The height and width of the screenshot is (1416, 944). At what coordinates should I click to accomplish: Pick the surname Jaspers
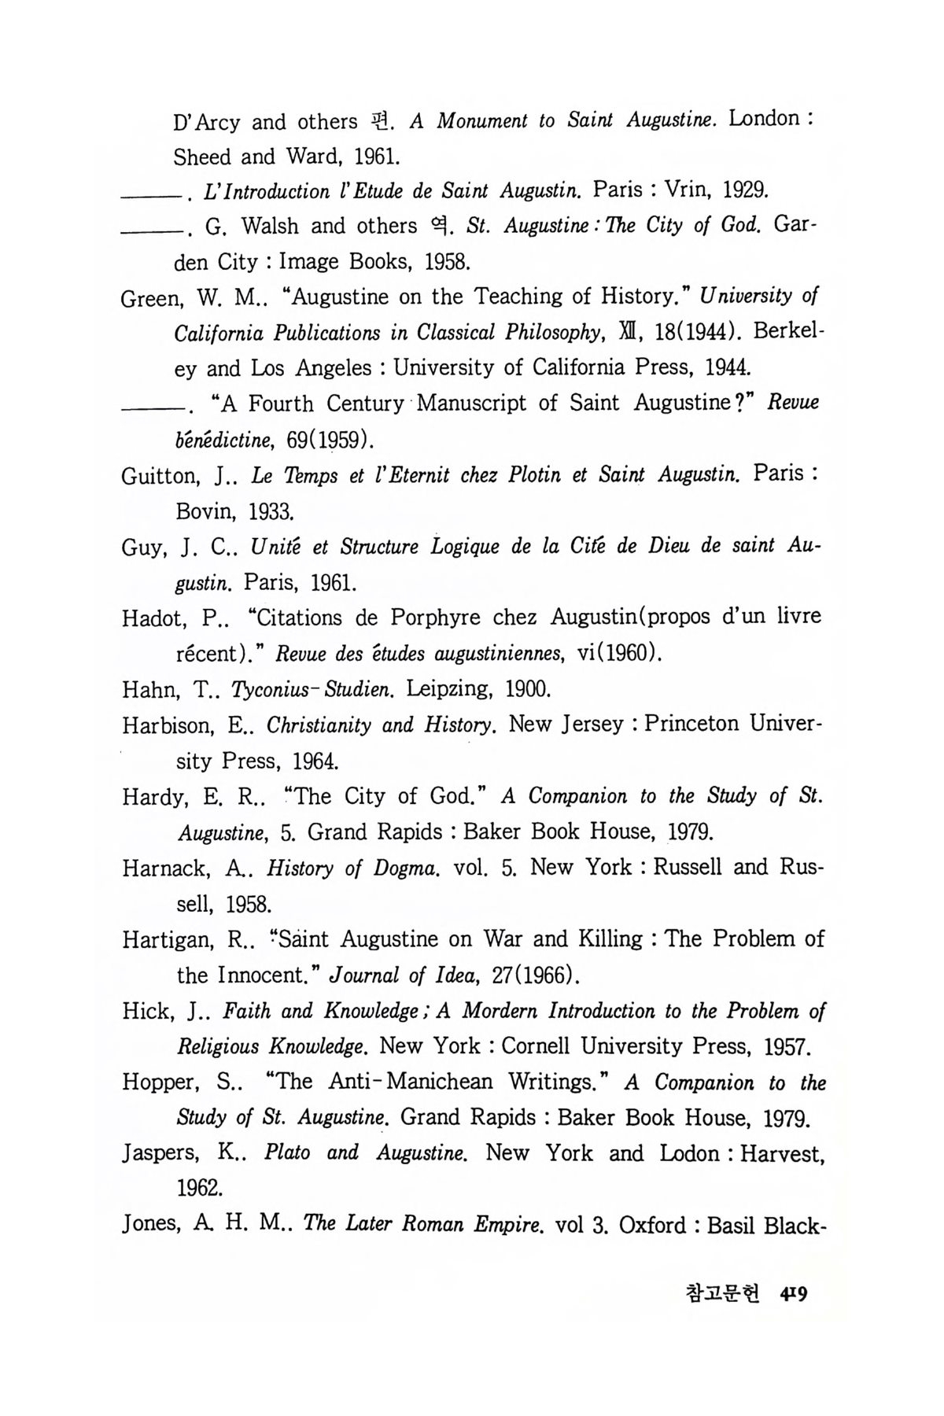click(160, 1154)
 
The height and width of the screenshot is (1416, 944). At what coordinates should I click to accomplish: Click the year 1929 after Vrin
click(744, 190)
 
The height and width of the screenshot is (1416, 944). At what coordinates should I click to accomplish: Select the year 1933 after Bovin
click(271, 513)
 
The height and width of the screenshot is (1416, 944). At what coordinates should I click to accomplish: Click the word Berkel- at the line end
click(787, 331)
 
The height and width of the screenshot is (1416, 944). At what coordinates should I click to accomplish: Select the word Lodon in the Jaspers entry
click(688, 1154)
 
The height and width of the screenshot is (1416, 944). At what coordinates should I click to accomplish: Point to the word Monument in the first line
click(481, 121)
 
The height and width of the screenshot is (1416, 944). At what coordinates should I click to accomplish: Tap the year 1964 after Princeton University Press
click(315, 761)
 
